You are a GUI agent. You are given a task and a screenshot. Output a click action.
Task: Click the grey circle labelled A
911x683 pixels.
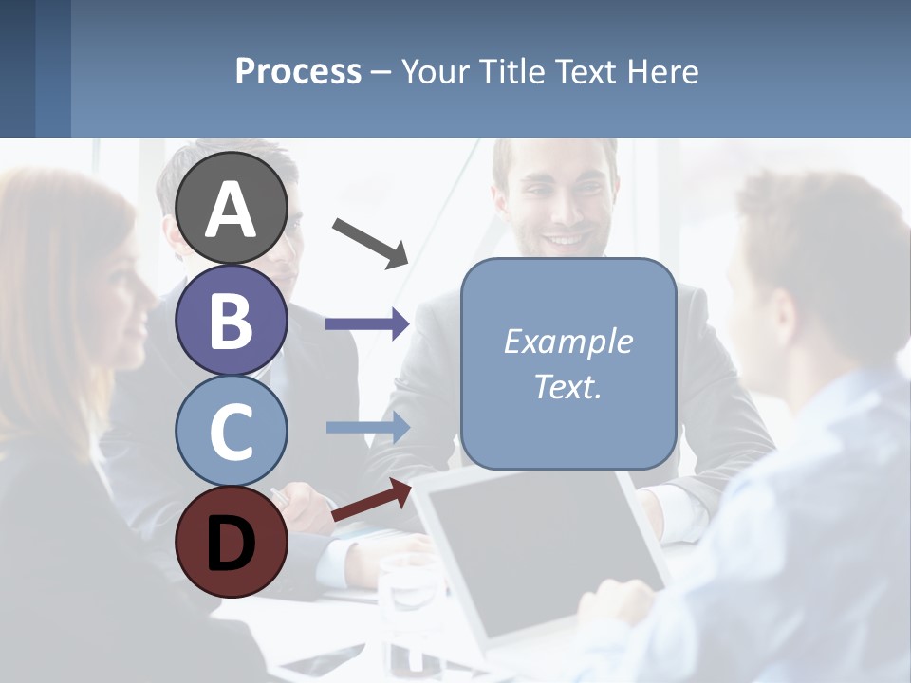click(232, 209)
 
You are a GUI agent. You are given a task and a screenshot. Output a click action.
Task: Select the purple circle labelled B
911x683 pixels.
click(232, 320)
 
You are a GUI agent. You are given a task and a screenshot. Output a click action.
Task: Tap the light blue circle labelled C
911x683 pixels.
click(232, 430)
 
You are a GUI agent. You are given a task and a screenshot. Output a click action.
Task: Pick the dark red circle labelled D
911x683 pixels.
click(232, 542)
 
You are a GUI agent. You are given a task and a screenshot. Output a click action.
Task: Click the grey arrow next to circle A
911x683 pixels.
click(370, 242)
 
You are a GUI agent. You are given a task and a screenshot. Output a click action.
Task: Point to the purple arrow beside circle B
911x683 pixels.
click(367, 324)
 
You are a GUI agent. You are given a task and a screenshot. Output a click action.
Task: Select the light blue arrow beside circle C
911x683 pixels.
click(367, 427)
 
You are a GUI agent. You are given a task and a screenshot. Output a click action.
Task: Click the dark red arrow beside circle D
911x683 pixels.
click(371, 500)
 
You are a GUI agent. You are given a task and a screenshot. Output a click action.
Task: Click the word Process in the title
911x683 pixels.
click(298, 72)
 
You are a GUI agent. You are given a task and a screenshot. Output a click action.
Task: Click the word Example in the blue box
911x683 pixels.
click(567, 341)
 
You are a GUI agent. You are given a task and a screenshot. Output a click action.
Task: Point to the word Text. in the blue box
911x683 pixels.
click(567, 387)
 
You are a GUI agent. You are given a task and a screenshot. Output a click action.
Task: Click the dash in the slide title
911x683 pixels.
click(381, 72)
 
